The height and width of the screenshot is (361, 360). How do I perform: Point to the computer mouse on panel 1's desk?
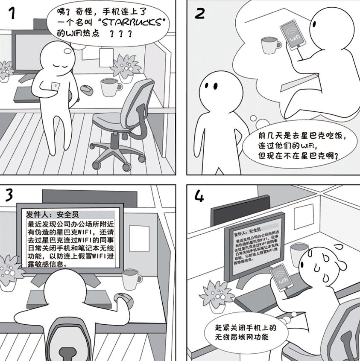[87, 89]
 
